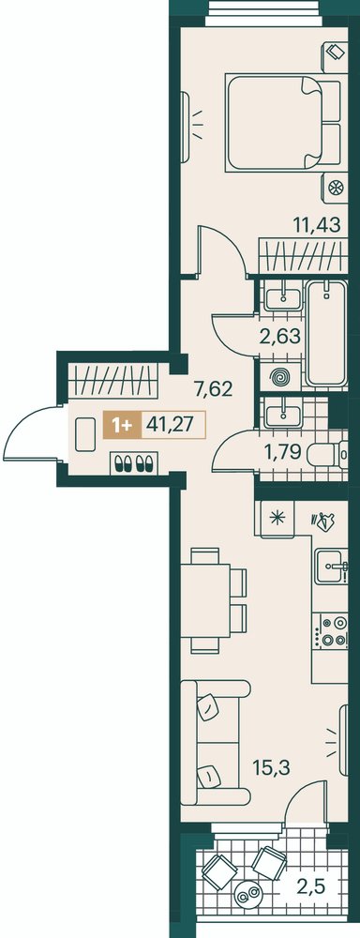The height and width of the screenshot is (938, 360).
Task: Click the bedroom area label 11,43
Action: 317,225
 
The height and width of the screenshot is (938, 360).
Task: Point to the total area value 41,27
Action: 172,424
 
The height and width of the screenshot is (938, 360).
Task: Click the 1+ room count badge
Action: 122,425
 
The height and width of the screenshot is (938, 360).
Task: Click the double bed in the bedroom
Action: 283,122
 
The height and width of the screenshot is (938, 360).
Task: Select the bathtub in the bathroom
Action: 326,333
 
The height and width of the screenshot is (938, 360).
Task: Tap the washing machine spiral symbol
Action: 279,377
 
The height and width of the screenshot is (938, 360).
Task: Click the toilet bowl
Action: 328,457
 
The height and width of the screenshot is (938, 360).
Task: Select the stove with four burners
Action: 334,631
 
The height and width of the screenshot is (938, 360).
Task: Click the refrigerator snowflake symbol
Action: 276,517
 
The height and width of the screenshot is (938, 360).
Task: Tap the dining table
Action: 205,601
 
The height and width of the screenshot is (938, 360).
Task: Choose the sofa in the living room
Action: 214,742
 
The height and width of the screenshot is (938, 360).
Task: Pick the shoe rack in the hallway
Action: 133,462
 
